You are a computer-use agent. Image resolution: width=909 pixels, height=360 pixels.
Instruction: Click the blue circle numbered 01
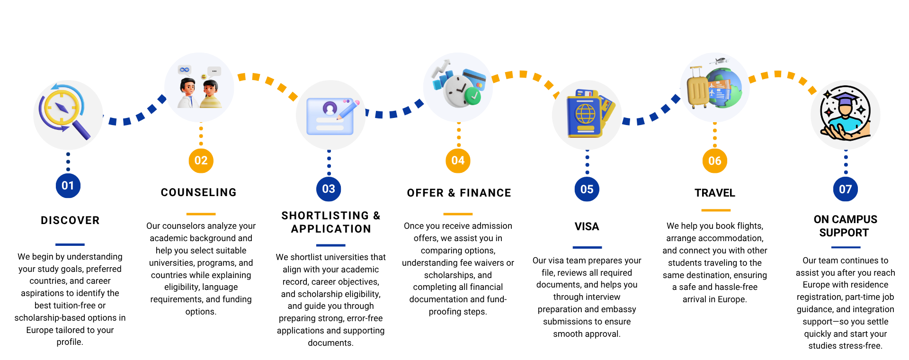tap(68, 186)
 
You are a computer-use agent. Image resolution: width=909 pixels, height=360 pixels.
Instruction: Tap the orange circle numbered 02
tap(201, 161)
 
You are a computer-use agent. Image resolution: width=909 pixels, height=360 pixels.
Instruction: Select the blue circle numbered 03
tap(329, 189)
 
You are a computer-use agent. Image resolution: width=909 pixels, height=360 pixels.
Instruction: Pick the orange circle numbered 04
tap(458, 161)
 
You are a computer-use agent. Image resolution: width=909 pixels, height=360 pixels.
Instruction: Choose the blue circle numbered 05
tap(587, 189)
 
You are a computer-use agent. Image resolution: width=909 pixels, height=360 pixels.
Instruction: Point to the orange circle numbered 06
tap(714, 161)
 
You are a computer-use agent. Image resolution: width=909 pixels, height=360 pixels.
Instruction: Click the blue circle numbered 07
tap(845, 189)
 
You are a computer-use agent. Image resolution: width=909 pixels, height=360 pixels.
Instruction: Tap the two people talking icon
tap(199, 88)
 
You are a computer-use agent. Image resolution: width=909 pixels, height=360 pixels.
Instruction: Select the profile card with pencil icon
tap(331, 116)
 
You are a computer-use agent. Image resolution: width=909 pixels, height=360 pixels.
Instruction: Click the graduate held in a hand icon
tap(846, 115)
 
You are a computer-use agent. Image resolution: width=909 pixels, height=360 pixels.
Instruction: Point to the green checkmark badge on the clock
tap(472, 96)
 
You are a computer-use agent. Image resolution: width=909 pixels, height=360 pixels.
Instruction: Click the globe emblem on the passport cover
tap(585, 114)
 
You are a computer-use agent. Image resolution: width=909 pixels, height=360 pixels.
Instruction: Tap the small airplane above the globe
tap(719, 61)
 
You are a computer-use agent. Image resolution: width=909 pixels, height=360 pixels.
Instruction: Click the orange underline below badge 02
tap(201, 214)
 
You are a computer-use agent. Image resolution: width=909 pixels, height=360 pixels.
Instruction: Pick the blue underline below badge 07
tap(846, 247)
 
